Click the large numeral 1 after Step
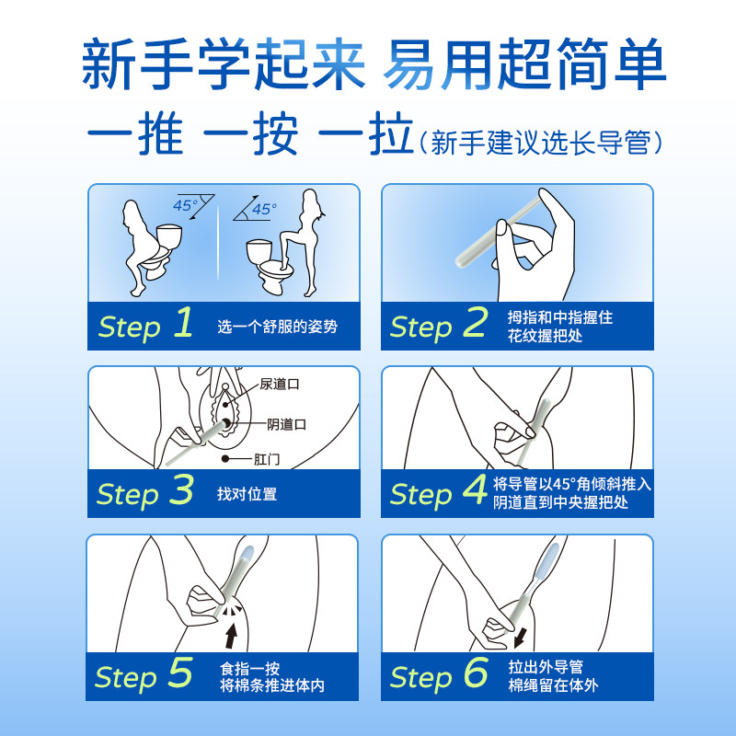(182, 324)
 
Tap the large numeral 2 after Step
(475, 324)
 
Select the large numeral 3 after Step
(182, 491)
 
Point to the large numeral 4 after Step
(475, 491)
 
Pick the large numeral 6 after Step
(475, 674)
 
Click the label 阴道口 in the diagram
(287, 424)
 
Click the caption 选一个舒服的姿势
(277, 327)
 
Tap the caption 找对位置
(247, 494)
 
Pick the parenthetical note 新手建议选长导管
(540, 143)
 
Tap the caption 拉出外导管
(545, 668)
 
